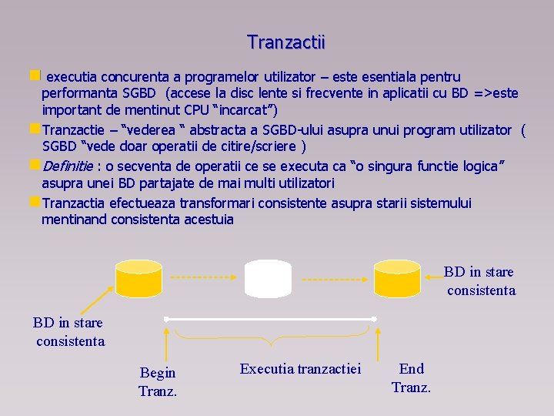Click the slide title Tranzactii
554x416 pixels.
point(286,42)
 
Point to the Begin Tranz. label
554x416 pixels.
point(158,381)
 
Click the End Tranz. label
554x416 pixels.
point(412,377)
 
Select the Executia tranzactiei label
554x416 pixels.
point(300,368)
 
